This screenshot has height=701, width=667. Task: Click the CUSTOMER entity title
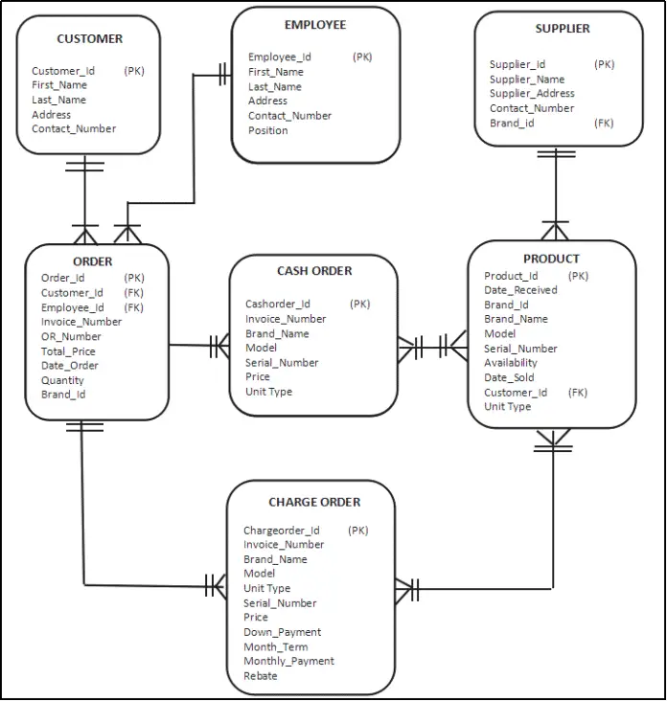pyautogui.click(x=89, y=39)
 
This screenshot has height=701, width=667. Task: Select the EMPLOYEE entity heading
pyautogui.click(x=315, y=25)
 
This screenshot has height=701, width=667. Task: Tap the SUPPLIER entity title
pyautogui.click(x=563, y=29)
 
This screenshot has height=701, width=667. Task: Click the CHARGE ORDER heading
pyautogui.click(x=314, y=502)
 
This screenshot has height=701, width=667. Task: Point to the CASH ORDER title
pyautogui.click(x=314, y=271)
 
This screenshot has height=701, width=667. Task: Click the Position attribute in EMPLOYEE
pyautogui.click(x=267, y=130)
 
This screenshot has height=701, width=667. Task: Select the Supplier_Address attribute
pyautogui.click(x=532, y=94)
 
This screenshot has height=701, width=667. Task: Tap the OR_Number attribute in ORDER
pyautogui.click(x=70, y=336)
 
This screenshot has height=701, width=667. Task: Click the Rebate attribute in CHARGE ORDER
pyautogui.click(x=260, y=675)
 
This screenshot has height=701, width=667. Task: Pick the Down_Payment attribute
pyautogui.click(x=282, y=632)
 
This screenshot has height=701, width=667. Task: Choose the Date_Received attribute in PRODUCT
pyautogui.click(x=520, y=290)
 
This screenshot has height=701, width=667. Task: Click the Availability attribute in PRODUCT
pyautogui.click(x=510, y=363)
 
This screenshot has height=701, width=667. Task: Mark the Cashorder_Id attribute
pyautogui.click(x=277, y=305)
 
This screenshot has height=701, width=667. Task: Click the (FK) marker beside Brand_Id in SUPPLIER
pyautogui.click(x=604, y=124)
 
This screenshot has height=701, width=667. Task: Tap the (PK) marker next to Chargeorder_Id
pyautogui.click(x=357, y=531)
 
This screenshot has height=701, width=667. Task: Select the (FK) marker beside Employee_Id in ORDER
pyautogui.click(x=133, y=307)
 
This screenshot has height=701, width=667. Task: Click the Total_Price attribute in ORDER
pyautogui.click(x=67, y=351)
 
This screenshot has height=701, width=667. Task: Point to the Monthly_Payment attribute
pyautogui.click(x=288, y=661)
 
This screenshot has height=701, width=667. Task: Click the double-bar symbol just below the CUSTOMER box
pyautogui.click(x=84, y=165)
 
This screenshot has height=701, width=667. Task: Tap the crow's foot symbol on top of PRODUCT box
pyautogui.click(x=555, y=230)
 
